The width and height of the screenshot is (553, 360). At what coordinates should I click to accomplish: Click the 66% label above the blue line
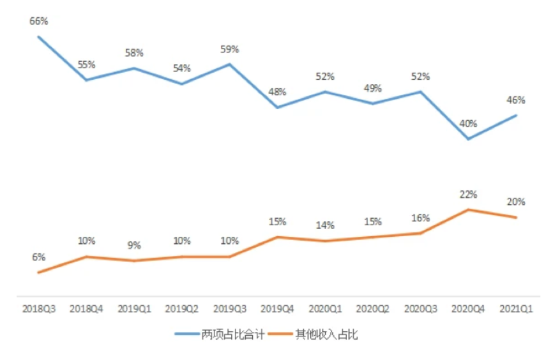tap(38, 22)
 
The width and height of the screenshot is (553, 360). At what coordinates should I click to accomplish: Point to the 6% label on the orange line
tap(38, 257)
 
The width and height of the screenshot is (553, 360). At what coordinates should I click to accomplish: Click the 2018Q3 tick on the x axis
tap(39, 309)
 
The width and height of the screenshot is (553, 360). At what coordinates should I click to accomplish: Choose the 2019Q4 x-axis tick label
tap(278, 309)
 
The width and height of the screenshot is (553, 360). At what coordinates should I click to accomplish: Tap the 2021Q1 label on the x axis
tap(517, 309)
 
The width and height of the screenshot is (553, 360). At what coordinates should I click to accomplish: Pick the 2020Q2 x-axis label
tap(373, 309)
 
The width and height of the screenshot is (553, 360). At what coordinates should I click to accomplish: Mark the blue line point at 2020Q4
tap(469, 139)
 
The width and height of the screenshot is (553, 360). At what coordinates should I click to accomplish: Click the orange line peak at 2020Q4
tap(469, 209)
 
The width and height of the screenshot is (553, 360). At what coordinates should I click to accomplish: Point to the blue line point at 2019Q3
tap(230, 64)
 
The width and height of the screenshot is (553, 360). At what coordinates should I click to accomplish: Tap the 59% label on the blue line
tap(229, 49)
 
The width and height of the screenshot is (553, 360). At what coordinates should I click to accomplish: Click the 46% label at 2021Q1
tap(516, 100)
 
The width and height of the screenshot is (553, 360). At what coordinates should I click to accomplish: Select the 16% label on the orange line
tap(421, 218)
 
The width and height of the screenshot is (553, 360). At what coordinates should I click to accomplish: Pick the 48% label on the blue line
tap(277, 93)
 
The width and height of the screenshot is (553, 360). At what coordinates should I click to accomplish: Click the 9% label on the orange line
tap(134, 246)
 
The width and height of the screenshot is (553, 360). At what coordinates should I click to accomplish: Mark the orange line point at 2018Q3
tap(39, 273)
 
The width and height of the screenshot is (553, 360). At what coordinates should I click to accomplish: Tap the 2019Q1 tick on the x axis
tap(134, 309)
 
